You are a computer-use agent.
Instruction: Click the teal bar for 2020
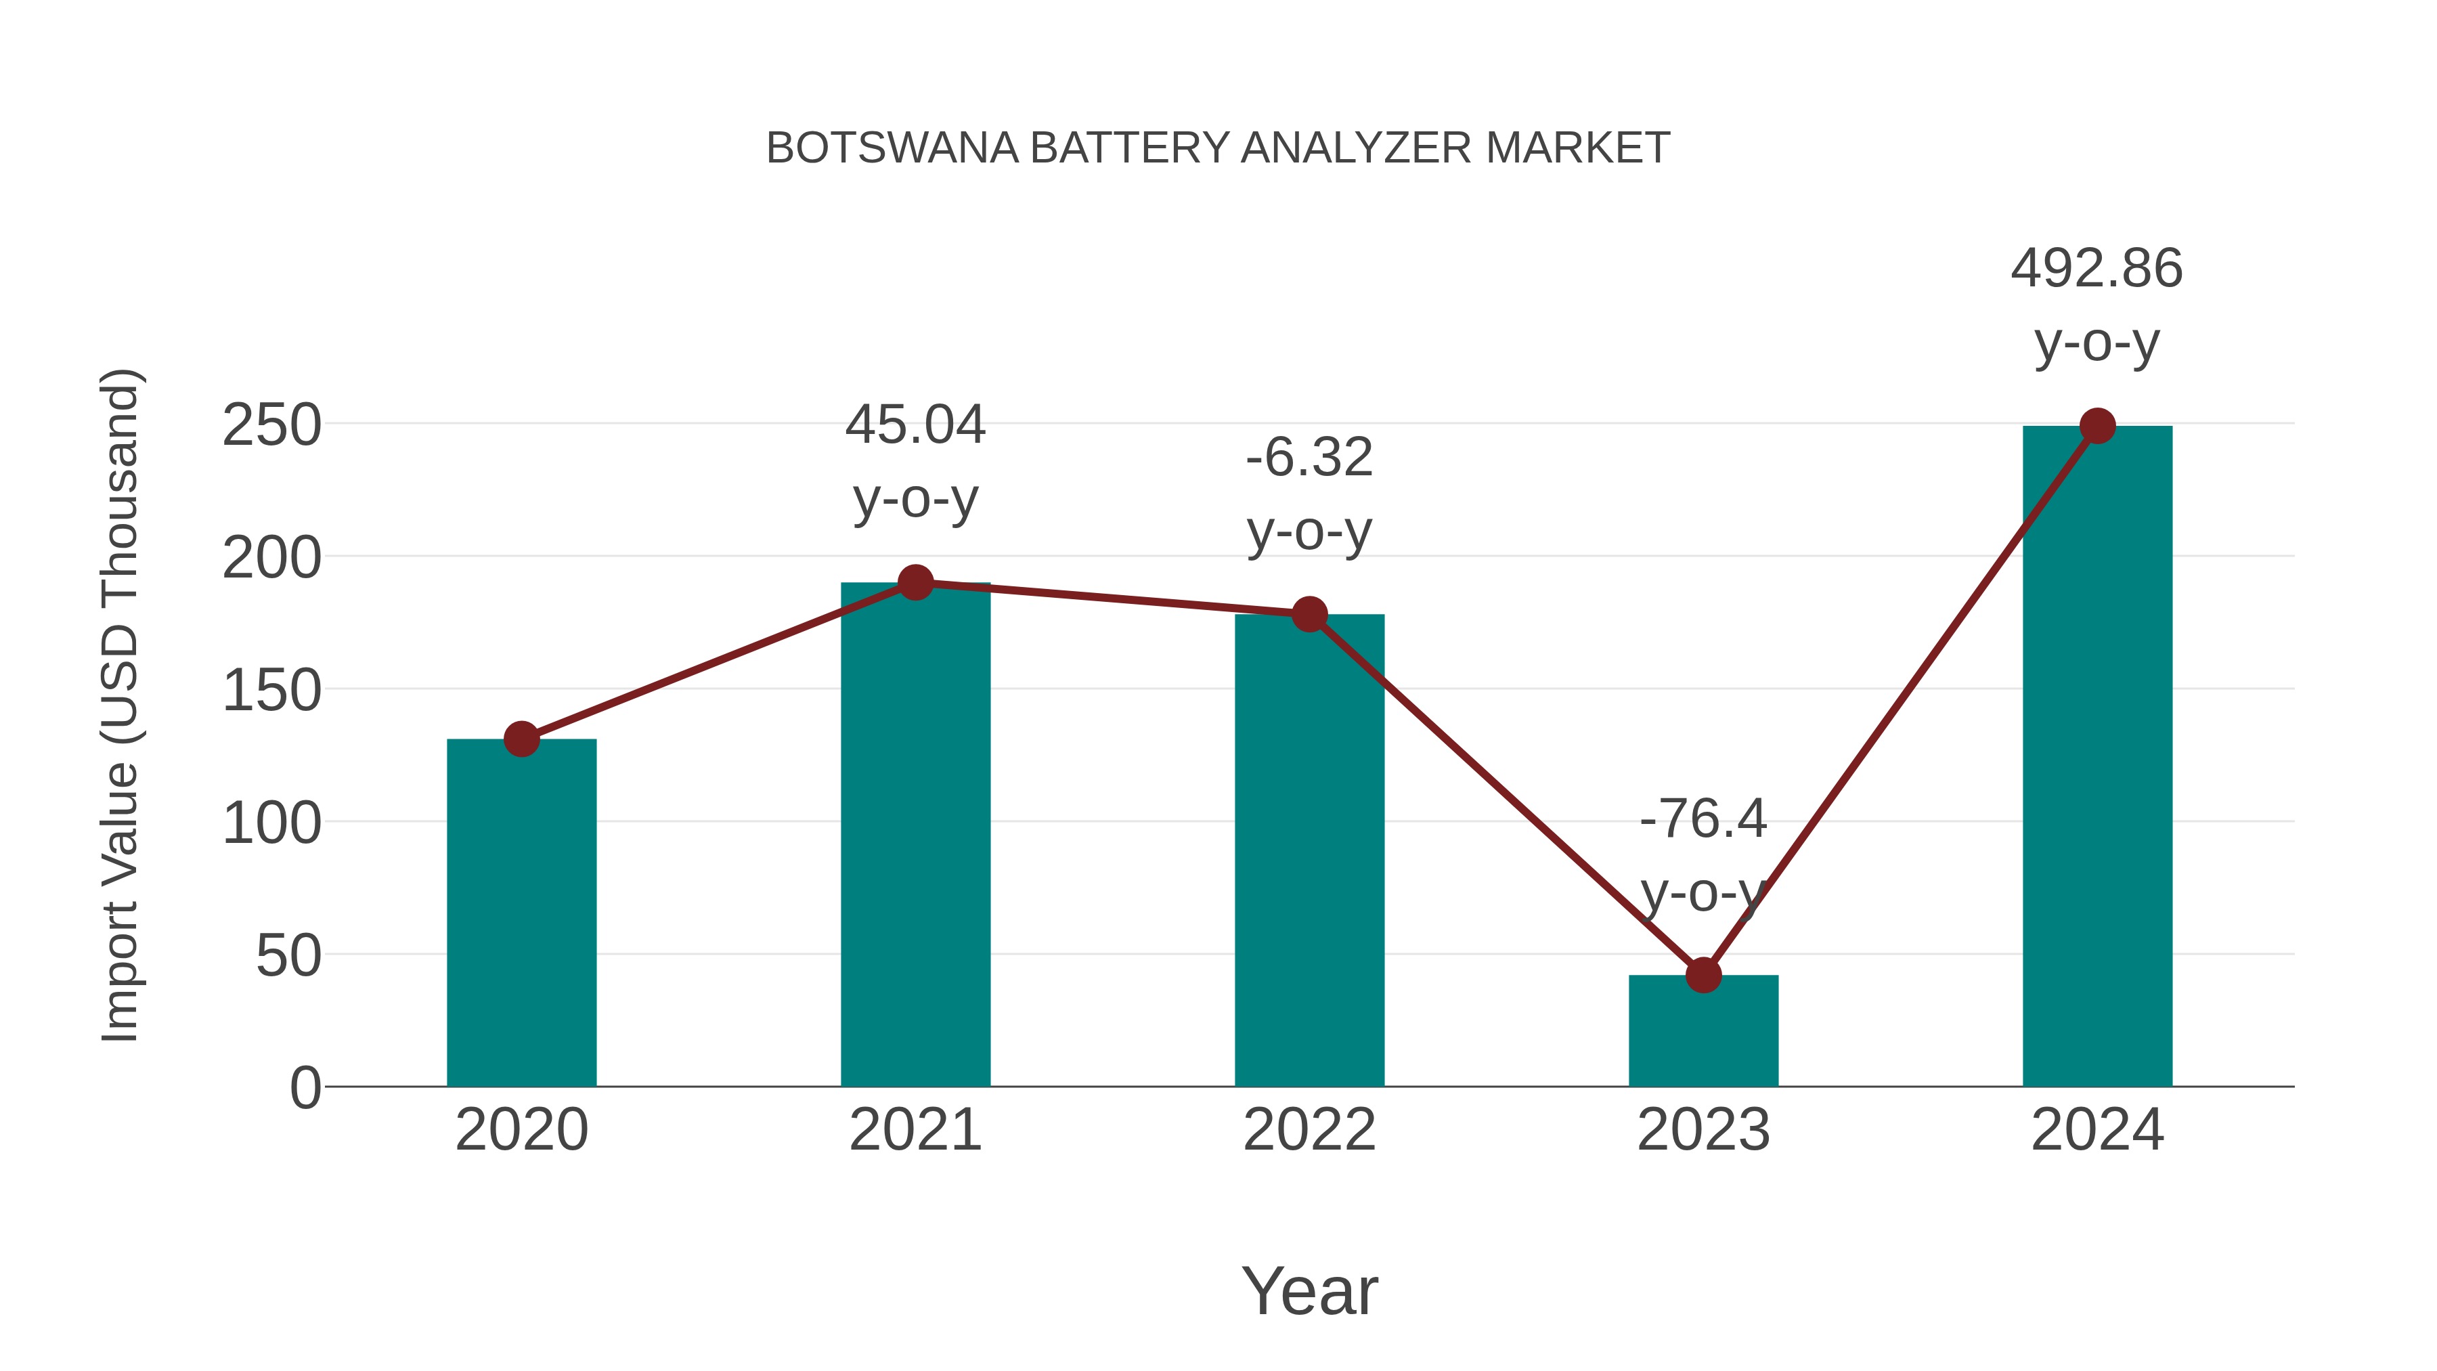pos(521,913)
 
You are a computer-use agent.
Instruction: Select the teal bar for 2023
pos(1703,1031)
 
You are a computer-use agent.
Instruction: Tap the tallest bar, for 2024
pos(2097,757)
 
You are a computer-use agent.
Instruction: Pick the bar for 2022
pos(1309,852)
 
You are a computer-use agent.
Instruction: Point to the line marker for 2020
pos(521,739)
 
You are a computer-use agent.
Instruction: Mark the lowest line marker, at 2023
pos(1703,974)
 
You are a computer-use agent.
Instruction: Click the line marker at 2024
pos(2097,426)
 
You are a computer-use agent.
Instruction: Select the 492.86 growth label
pos(2096,269)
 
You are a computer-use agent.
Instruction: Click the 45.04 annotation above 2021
pos(915,425)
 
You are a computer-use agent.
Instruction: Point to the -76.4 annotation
pos(1703,819)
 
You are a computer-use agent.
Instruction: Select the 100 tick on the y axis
pos(271,823)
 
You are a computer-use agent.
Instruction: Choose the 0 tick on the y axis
pos(305,1088)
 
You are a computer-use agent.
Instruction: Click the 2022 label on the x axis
pos(1309,1131)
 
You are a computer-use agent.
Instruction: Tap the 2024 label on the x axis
pos(2097,1131)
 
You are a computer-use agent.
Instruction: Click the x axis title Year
pos(1309,1292)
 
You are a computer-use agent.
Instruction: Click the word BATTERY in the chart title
pos(1130,148)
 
